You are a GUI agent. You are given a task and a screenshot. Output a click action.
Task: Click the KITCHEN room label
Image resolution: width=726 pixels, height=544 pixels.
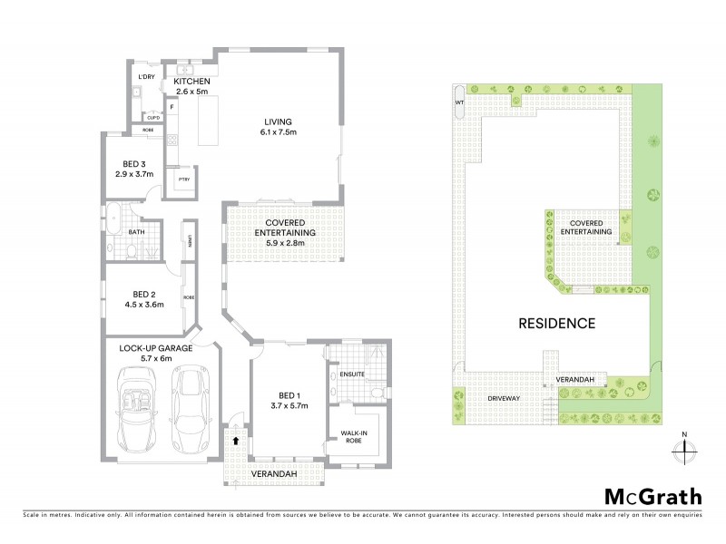(x=186, y=81)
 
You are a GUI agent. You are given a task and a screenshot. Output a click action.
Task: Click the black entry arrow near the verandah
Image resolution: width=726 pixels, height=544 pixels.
(x=237, y=440)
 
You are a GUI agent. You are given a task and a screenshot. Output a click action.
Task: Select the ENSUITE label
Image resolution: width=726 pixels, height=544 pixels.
(x=352, y=373)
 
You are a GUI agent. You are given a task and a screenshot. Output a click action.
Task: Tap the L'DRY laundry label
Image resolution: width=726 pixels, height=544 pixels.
(x=144, y=77)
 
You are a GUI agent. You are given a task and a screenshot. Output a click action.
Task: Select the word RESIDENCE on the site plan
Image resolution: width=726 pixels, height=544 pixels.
(x=556, y=323)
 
